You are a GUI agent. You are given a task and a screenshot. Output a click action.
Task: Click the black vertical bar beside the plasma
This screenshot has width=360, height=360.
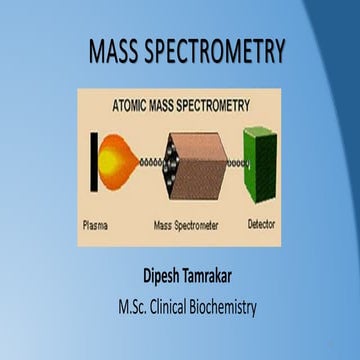click(x=92, y=161)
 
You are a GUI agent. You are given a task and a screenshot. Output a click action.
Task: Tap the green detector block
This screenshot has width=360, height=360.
click(x=261, y=160)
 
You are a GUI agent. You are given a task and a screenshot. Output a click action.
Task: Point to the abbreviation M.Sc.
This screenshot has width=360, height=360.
click(x=121, y=305)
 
